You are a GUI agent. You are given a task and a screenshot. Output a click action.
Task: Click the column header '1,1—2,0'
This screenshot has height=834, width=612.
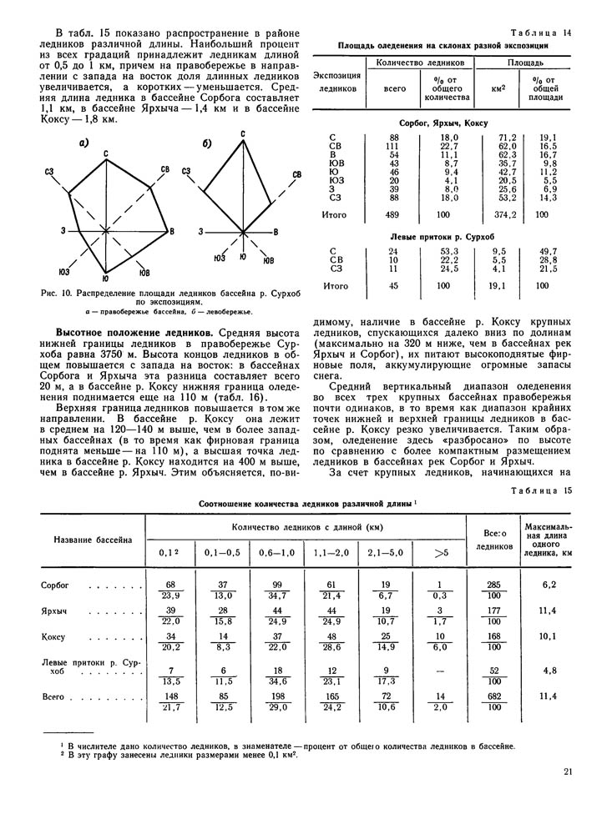point(331,551)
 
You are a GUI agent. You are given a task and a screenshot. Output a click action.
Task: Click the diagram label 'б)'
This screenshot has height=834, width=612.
point(207,143)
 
